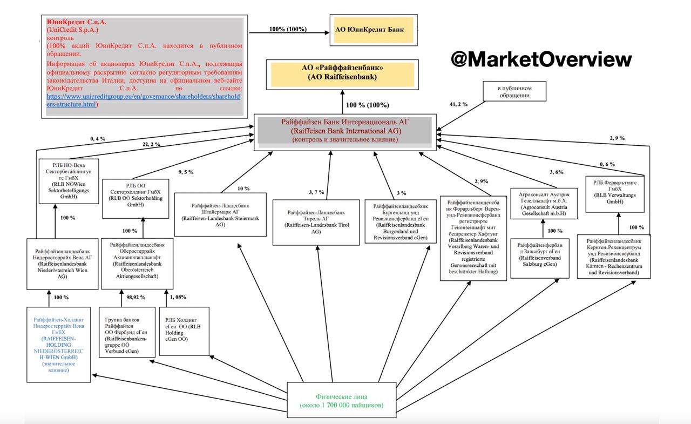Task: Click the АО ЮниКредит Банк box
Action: pyautogui.click(x=374, y=30)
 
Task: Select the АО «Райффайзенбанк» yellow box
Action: pyautogui.click(x=343, y=73)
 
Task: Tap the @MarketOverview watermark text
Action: pyautogui.click(x=541, y=59)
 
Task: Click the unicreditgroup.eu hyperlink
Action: pyautogui.click(x=143, y=100)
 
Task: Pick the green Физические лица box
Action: pyautogui.click(x=342, y=400)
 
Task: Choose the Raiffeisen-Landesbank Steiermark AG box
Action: pyautogui.click(x=221, y=214)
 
